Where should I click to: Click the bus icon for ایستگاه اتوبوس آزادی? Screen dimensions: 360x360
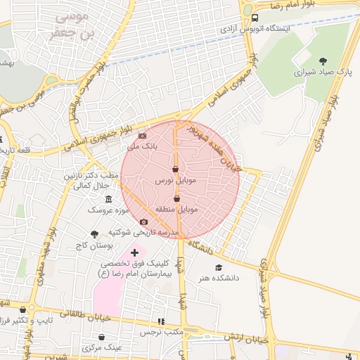tap(255, 18)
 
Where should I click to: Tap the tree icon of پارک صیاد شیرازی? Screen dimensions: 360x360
tap(323, 61)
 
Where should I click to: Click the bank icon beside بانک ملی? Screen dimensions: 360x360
tap(143, 136)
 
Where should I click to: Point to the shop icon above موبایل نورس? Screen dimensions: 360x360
tap(175, 169)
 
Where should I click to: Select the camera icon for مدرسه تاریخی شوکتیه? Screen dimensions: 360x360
tap(144, 222)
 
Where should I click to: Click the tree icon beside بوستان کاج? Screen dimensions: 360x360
tap(94, 234)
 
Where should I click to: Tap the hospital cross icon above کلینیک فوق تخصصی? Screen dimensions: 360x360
tap(134, 252)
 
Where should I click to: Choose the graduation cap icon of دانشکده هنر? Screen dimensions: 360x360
tap(219, 267)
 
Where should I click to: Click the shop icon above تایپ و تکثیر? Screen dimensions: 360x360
tap(23, 309)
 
